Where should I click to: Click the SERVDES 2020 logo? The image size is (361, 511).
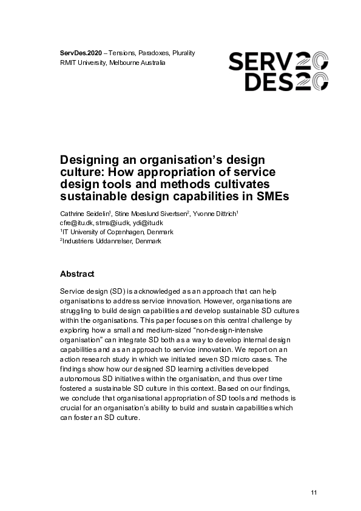point(278,70)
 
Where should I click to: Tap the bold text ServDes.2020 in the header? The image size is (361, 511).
point(81,53)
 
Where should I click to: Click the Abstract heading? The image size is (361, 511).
point(76,274)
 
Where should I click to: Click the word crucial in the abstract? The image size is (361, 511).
point(73,408)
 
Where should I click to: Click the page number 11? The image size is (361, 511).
point(314,492)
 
